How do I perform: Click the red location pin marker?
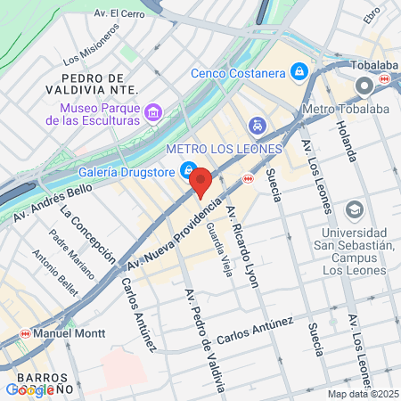pyautogui.click(x=200, y=183)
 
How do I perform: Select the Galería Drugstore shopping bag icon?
pyautogui.click(x=188, y=170)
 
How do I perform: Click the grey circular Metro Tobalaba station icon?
pyautogui.click(x=364, y=86)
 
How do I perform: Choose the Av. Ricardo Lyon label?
pyautogui.click(x=242, y=240)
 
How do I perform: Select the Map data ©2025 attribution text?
pyautogui.click(x=362, y=394)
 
